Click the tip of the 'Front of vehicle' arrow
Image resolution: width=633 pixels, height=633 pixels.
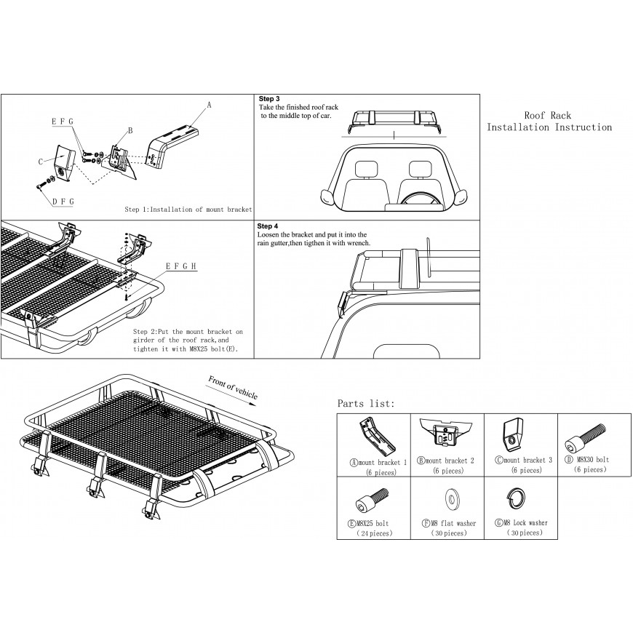(x=257, y=399)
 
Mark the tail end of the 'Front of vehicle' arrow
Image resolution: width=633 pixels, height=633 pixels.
(x=205, y=385)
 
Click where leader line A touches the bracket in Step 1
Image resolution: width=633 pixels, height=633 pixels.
(x=189, y=126)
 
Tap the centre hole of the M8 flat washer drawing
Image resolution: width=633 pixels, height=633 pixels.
(x=451, y=500)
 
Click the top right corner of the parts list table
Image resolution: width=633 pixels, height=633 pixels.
(x=631, y=413)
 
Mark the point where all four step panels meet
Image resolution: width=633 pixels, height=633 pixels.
(x=254, y=220)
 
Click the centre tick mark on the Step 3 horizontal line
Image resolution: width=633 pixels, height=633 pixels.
(x=394, y=135)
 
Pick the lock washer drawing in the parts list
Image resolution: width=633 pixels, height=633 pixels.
(x=516, y=499)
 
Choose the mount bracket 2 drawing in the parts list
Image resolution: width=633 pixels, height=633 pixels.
(x=446, y=433)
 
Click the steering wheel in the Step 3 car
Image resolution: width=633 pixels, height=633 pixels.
(x=418, y=199)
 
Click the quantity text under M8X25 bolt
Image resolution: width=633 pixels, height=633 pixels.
(x=374, y=533)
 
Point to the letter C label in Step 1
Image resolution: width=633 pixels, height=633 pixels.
(x=41, y=162)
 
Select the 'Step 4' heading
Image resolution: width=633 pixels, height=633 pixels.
(x=268, y=226)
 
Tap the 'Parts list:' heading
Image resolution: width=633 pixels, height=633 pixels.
(x=366, y=403)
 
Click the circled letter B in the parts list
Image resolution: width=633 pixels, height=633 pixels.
(x=421, y=461)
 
